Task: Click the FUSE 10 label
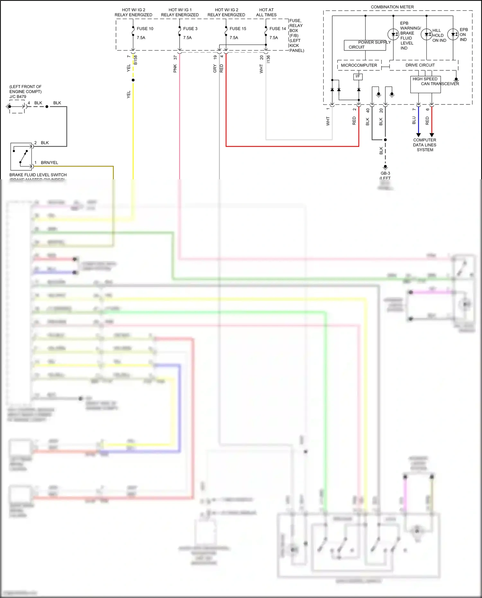[145, 29]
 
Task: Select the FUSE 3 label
[190, 29]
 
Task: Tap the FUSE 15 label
[238, 29]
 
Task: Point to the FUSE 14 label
[278, 29]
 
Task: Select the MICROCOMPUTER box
[359, 65]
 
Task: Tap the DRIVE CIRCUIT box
[420, 65]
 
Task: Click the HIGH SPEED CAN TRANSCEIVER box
[425, 85]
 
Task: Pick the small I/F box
[358, 76]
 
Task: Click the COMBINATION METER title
[392, 7]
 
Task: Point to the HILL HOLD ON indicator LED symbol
[426, 34]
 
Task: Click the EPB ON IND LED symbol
[453, 34]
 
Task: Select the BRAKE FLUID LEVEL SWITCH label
[38, 175]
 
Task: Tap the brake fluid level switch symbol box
[21, 156]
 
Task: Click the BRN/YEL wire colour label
[49, 163]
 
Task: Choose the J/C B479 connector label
[18, 96]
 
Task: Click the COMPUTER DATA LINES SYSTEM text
[424, 145]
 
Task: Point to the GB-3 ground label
[385, 173]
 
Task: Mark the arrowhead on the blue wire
[418, 135]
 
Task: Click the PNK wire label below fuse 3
[175, 68]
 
